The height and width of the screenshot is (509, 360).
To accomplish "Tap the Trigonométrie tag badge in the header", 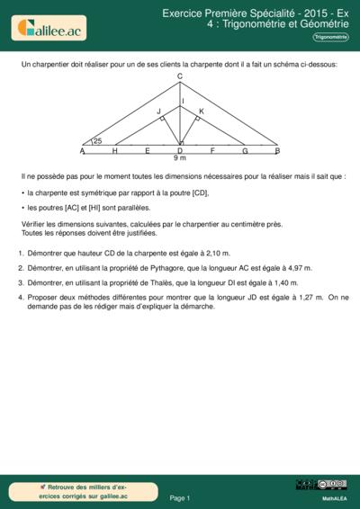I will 329,37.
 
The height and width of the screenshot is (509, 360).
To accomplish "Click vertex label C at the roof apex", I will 180,76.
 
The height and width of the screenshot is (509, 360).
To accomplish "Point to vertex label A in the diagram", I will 82,150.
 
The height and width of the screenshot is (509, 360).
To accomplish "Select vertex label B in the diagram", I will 277,150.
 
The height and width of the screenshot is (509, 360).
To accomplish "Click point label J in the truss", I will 159,111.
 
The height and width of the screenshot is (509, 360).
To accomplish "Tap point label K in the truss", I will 201,111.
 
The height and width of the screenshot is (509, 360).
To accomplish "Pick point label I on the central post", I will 183,101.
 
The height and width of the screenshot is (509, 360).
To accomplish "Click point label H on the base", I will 114,150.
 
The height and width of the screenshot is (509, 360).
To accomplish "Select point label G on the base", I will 245,150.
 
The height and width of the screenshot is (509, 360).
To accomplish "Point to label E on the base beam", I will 147,150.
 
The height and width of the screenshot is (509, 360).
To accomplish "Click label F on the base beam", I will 212,150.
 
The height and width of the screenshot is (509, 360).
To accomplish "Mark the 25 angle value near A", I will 97,141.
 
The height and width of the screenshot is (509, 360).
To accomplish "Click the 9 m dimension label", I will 180,158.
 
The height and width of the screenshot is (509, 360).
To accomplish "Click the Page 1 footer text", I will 180,497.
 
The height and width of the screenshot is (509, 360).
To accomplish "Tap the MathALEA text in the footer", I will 335,497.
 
